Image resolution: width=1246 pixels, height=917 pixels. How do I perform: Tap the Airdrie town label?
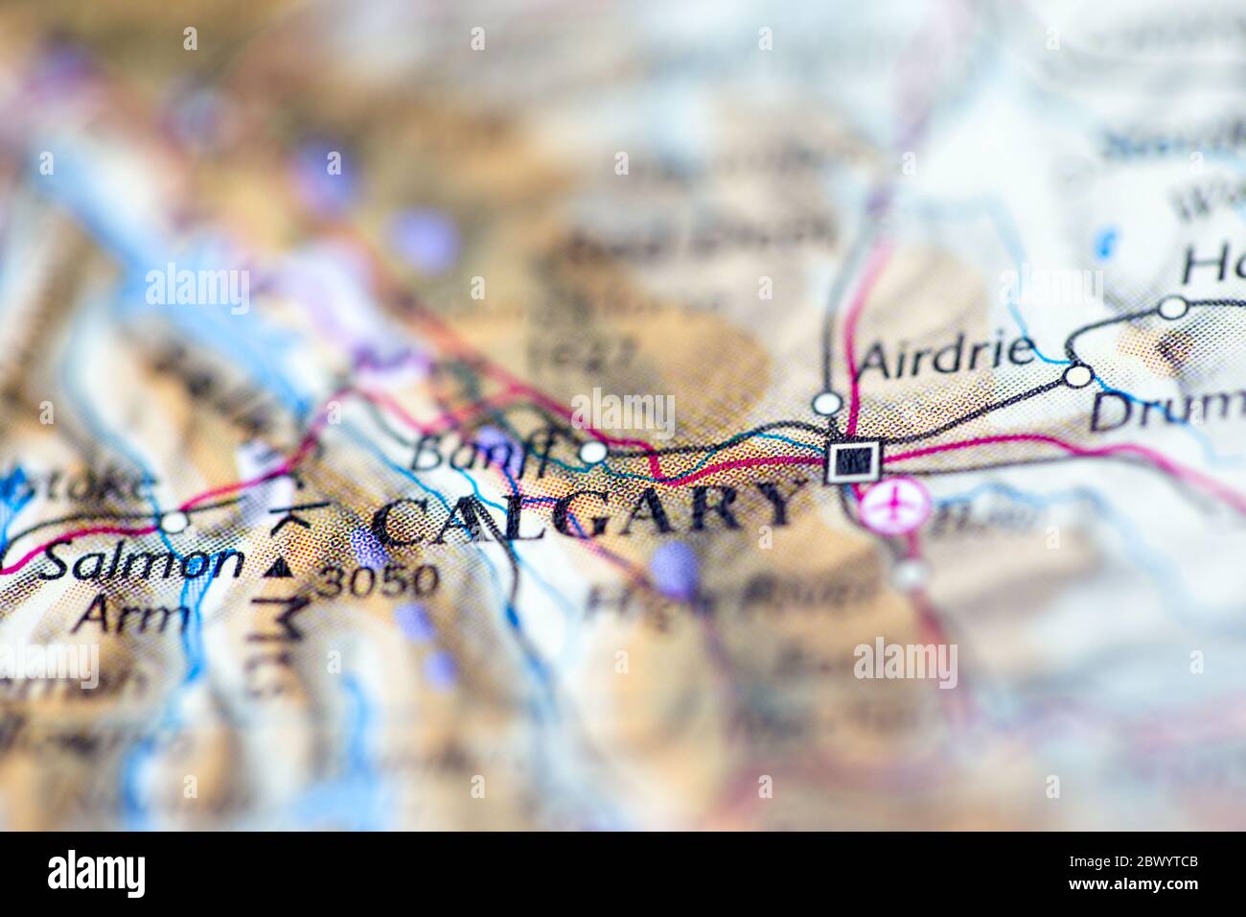(948, 357)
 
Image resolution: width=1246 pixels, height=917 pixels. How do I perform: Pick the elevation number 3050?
(378, 579)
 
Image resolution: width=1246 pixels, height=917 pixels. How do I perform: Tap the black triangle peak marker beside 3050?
(279, 568)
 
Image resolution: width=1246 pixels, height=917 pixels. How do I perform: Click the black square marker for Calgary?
(852, 462)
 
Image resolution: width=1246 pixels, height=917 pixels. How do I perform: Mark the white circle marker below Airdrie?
(825, 402)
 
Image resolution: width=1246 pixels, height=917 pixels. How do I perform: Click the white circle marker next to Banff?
(594, 451)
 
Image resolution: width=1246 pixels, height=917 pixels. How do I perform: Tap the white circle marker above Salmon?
(173, 522)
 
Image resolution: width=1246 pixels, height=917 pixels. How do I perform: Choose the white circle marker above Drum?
(1079, 376)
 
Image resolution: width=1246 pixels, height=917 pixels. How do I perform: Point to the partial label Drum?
(1165, 412)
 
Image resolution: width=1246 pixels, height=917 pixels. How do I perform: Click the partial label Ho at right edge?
(1211, 264)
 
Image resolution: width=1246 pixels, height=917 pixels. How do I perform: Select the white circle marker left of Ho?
(1172, 308)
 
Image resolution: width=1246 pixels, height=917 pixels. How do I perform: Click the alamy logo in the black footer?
(97, 874)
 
